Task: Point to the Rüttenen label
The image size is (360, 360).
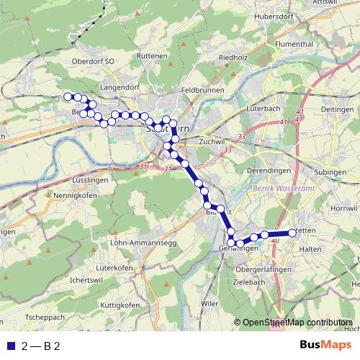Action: [151, 55]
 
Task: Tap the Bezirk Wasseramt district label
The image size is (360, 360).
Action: [260, 189]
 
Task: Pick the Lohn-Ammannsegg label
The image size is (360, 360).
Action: [143, 243]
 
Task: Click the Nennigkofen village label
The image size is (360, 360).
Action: [73, 195]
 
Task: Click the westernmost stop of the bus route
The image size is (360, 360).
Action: [68, 96]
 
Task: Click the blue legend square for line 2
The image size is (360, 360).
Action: [9, 347]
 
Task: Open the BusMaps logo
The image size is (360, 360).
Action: [326, 346]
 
